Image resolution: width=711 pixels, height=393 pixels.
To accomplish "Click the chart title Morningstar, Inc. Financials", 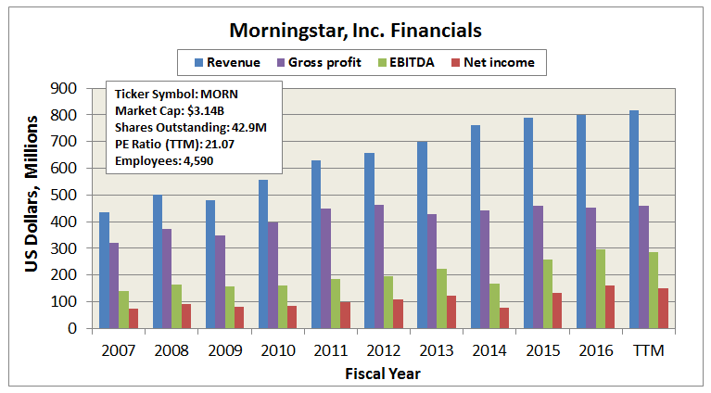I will click(355, 31).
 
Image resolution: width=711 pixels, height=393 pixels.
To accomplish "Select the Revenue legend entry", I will click(226, 63).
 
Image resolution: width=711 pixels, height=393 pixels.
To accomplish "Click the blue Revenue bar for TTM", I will click(634, 219).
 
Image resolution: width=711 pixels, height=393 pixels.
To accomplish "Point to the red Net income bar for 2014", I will click(505, 317).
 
